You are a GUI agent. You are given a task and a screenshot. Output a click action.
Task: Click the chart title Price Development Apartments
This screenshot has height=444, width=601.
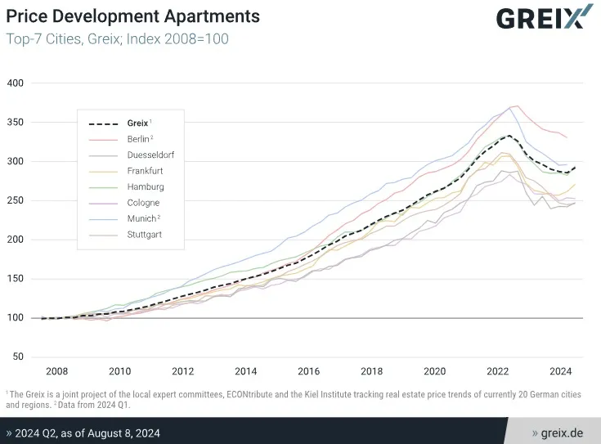(x=133, y=16)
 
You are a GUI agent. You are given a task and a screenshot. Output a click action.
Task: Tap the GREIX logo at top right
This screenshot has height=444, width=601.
(x=544, y=18)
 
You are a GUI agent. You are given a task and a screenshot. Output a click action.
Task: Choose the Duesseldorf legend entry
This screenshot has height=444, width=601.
(x=150, y=155)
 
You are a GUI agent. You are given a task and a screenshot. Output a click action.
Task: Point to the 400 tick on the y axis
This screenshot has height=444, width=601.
(x=16, y=83)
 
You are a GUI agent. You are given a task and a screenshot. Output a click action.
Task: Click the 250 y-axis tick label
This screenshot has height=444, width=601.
(x=16, y=200)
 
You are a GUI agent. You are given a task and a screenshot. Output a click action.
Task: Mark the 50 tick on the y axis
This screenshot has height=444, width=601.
(x=19, y=357)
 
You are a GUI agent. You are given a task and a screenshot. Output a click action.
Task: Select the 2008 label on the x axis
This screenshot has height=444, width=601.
(x=56, y=370)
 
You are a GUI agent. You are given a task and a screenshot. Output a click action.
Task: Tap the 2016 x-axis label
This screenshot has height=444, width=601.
(x=308, y=370)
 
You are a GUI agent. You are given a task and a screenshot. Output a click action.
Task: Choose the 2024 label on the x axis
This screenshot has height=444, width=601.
(x=560, y=370)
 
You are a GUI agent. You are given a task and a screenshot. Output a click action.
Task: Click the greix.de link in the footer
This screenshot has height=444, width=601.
(x=559, y=432)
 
